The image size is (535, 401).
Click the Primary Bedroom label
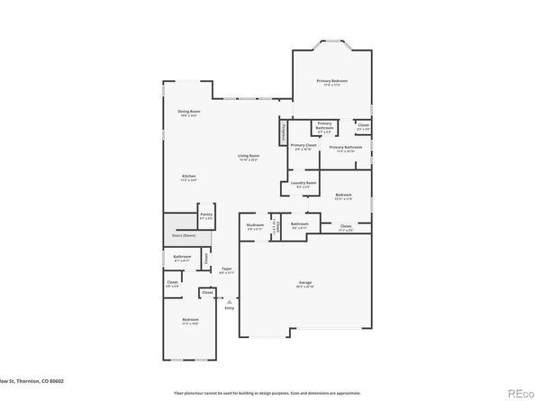(x=331, y=81)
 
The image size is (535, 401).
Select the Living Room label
(x=248, y=157)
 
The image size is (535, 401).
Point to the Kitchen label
(x=188, y=176)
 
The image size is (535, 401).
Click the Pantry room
(x=206, y=216)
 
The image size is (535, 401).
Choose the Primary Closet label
(x=303, y=145)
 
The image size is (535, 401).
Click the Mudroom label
(x=255, y=225)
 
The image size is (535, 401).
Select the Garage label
(x=305, y=283)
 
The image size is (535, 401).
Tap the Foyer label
(x=227, y=269)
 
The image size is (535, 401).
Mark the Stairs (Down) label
(x=184, y=235)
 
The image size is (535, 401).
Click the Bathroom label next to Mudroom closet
(x=299, y=224)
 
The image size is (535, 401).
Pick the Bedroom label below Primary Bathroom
(x=343, y=195)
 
